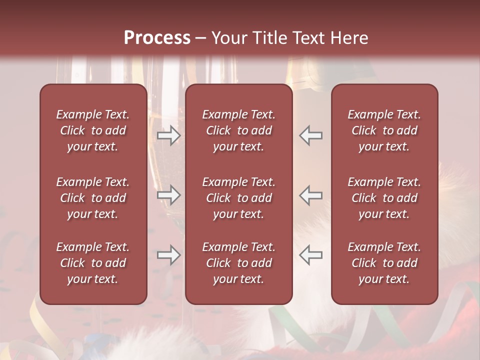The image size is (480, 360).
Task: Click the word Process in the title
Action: [157, 38]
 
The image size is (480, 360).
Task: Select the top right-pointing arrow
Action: [168, 135]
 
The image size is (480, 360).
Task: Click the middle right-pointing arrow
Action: [168, 195]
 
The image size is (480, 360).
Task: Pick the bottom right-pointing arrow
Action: [168, 255]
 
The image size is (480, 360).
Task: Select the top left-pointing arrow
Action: [310, 135]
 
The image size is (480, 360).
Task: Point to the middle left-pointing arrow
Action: [310, 195]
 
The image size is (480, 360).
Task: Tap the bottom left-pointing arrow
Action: [310, 255]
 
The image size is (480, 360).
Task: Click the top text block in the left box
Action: [93, 130]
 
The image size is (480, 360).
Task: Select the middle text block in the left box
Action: [93, 198]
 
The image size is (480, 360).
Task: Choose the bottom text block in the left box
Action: [93, 263]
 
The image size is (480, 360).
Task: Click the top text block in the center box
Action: [238, 130]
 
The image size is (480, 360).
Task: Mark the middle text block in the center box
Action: [238, 198]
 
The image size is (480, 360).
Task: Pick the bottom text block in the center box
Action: [238, 263]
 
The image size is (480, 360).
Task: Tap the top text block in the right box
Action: [384, 130]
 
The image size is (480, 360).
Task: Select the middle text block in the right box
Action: [384, 198]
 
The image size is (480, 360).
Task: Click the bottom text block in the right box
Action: [384, 263]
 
